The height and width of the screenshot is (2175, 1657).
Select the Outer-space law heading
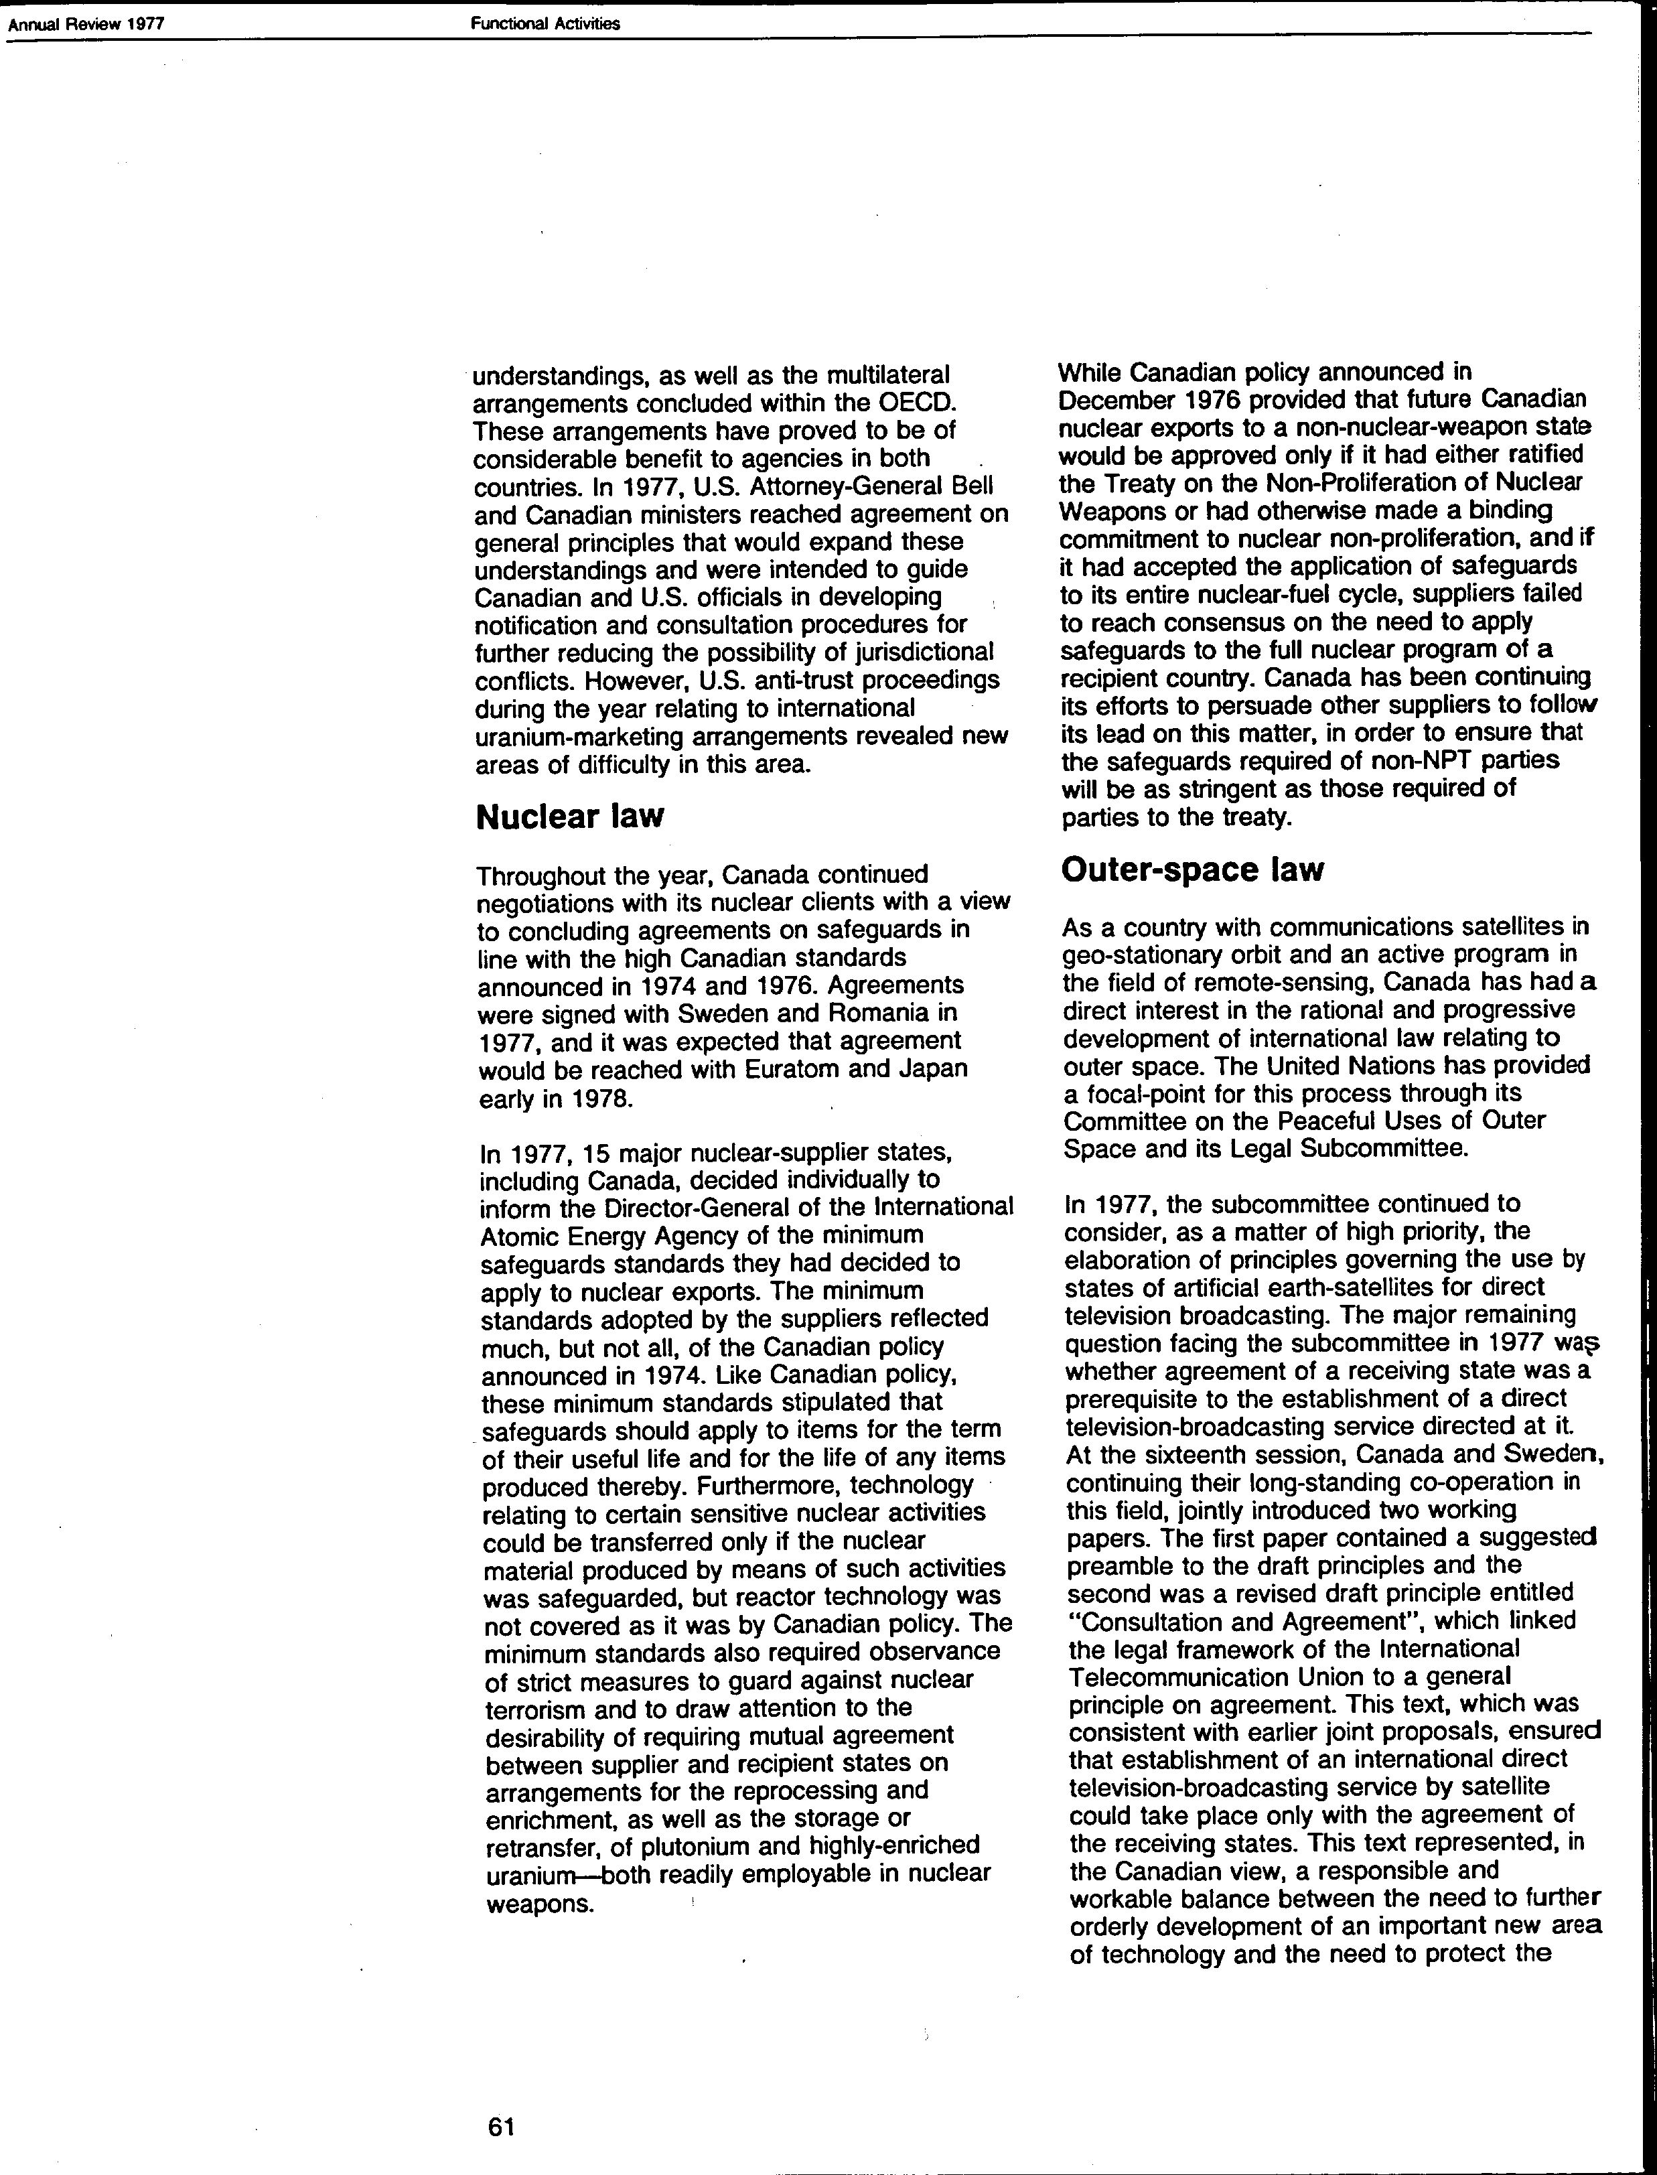(x=1192, y=870)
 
